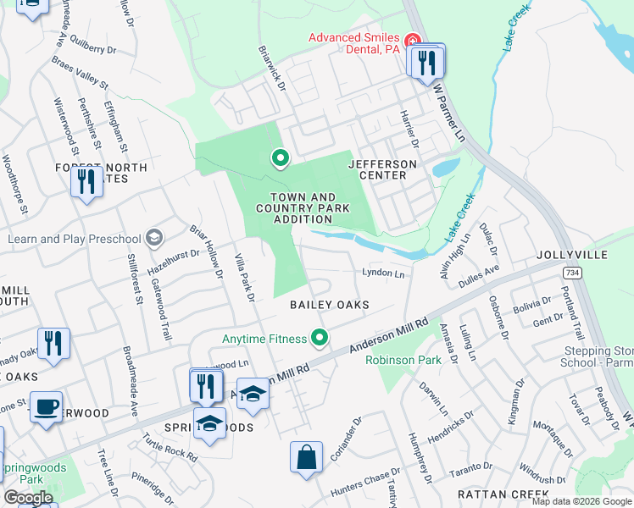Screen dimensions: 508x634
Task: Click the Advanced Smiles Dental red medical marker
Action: point(412,40)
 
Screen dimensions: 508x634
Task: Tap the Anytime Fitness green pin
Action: point(320,340)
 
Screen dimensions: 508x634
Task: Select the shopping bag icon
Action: point(306,457)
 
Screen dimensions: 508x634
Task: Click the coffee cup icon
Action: point(46,406)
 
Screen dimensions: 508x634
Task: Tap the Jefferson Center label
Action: point(382,169)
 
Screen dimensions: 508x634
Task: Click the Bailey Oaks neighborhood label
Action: point(329,304)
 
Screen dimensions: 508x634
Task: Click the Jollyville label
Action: point(572,255)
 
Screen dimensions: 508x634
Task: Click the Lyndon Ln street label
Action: point(383,273)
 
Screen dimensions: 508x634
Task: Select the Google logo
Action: point(28,498)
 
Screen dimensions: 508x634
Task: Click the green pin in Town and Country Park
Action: point(279,158)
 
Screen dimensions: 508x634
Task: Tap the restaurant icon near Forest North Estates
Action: point(86,182)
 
